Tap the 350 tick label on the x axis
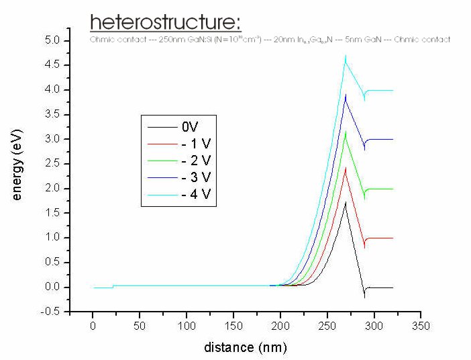421,326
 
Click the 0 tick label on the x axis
93,326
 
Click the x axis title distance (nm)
245,347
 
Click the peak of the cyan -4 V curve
346,56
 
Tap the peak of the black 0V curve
346,202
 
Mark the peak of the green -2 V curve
346,132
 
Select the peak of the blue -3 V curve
346,95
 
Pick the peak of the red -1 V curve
346,168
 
